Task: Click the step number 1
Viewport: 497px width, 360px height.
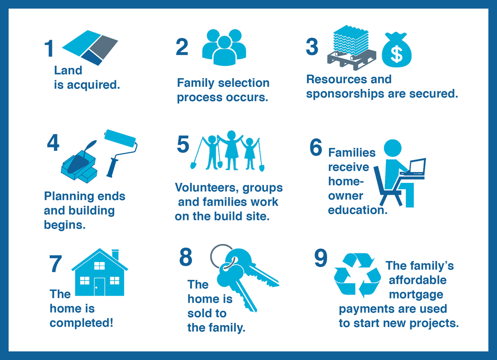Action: pyautogui.click(x=49, y=48)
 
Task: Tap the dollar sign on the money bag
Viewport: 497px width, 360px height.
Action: pyautogui.click(x=397, y=53)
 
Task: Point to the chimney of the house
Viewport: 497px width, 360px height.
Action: pyautogui.click(x=115, y=255)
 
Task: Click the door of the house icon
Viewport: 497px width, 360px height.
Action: pyautogui.click(x=99, y=286)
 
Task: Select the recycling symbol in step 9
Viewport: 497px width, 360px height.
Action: pyautogui.click(x=357, y=275)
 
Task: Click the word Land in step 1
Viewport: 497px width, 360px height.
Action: pyautogui.click(x=68, y=70)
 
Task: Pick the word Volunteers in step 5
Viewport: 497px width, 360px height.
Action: pyautogui.click(x=206, y=187)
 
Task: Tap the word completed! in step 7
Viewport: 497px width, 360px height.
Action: pyautogui.click(x=81, y=323)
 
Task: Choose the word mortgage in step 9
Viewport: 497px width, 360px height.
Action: pyautogui.click(x=416, y=295)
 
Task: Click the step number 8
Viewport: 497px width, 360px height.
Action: pyautogui.click(x=186, y=257)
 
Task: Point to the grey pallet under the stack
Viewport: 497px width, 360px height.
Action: pyautogui.click(x=352, y=59)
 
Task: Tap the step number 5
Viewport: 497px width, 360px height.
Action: pyautogui.click(x=183, y=144)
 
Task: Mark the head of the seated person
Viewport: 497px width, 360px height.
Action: pyautogui.click(x=393, y=148)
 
